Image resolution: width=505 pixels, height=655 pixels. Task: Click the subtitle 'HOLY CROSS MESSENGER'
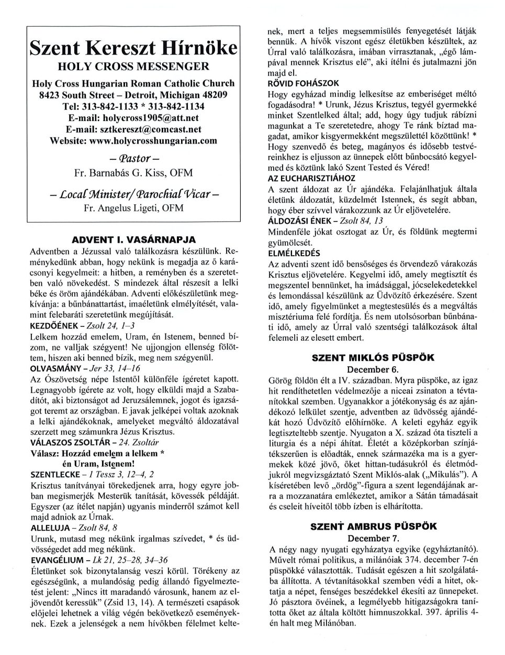pos(133,67)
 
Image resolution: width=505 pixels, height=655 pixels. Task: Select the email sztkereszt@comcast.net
pos(133,129)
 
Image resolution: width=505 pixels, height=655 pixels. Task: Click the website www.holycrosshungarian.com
pos(133,141)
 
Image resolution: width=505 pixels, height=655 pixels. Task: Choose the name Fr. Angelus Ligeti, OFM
pos(133,208)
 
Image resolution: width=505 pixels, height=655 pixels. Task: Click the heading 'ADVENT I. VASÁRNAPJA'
pos(133,239)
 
